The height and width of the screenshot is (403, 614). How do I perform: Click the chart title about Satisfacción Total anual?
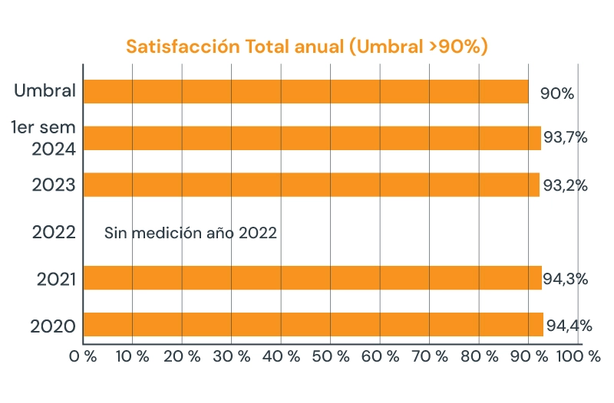coord(307,47)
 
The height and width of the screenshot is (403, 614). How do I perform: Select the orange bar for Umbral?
coord(305,91)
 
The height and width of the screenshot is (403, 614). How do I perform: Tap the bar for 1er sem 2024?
coord(312,138)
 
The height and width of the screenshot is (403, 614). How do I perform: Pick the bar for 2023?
coord(311,185)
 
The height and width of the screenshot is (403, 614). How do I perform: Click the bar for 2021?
coord(312,277)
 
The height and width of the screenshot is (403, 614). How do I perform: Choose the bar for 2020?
coord(313,324)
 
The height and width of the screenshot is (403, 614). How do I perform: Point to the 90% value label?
coord(557,93)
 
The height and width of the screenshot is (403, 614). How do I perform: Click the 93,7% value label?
coord(566,138)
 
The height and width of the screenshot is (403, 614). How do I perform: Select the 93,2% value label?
coord(566,185)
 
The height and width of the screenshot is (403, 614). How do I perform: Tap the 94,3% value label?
coord(566,279)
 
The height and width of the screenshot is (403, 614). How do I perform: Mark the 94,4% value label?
coord(569,326)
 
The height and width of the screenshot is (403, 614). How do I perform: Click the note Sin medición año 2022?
coord(190,233)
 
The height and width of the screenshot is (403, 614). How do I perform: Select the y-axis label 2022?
coord(54,233)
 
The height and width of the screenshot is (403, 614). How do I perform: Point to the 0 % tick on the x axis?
coord(83,356)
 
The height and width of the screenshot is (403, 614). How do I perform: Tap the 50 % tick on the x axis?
coord(330,356)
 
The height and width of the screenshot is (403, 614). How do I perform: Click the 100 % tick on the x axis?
coord(579,356)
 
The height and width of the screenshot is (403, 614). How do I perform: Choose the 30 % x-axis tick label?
coord(232,356)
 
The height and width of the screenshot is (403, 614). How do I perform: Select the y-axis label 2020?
coord(53,326)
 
